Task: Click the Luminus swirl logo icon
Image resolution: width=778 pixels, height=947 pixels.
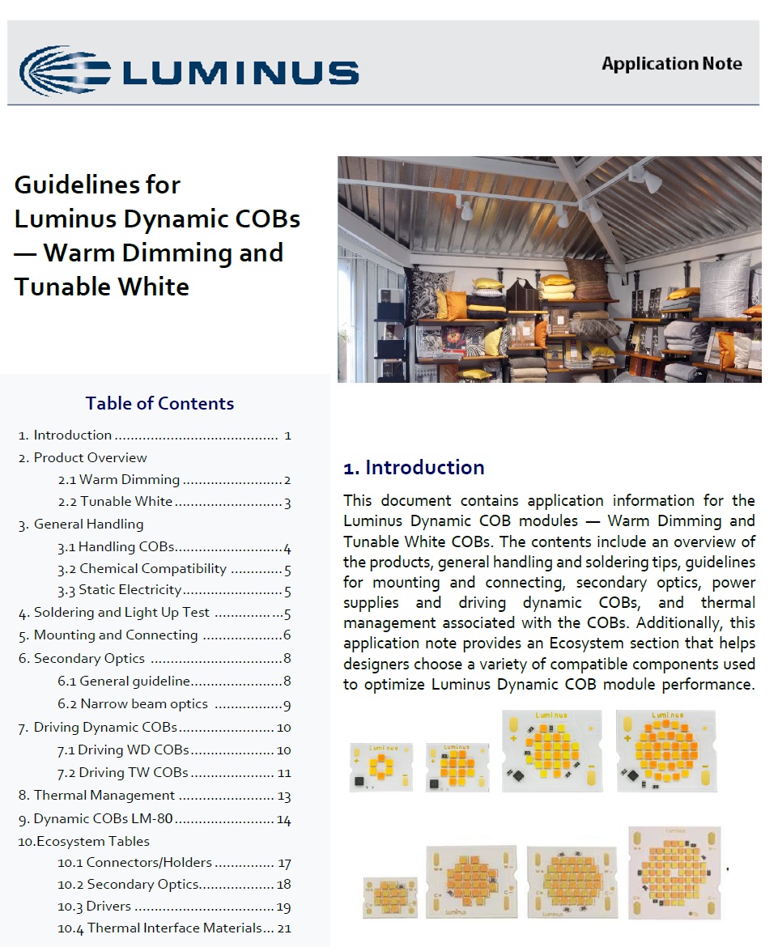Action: [65, 70]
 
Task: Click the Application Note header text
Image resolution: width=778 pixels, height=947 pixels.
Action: [671, 64]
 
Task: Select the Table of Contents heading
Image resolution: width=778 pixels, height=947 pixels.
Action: [159, 403]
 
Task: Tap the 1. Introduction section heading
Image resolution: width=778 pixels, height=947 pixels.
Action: [414, 468]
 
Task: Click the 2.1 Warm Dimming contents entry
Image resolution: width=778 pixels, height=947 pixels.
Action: [130, 480]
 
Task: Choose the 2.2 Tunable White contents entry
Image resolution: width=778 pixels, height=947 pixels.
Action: [127, 502]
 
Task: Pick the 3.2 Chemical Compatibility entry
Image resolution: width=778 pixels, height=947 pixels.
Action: [153, 569]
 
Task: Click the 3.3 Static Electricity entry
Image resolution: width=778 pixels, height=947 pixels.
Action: [130, 590]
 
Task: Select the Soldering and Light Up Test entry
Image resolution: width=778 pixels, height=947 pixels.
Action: [121, 613]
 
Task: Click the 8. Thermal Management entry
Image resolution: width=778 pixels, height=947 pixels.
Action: [104, 796]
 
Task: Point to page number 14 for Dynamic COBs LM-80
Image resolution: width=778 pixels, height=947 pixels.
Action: [283, 820]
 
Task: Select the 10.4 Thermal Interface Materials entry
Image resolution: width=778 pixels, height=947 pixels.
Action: [171, 928]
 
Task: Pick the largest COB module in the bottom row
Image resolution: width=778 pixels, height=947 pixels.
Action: [674, 873]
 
